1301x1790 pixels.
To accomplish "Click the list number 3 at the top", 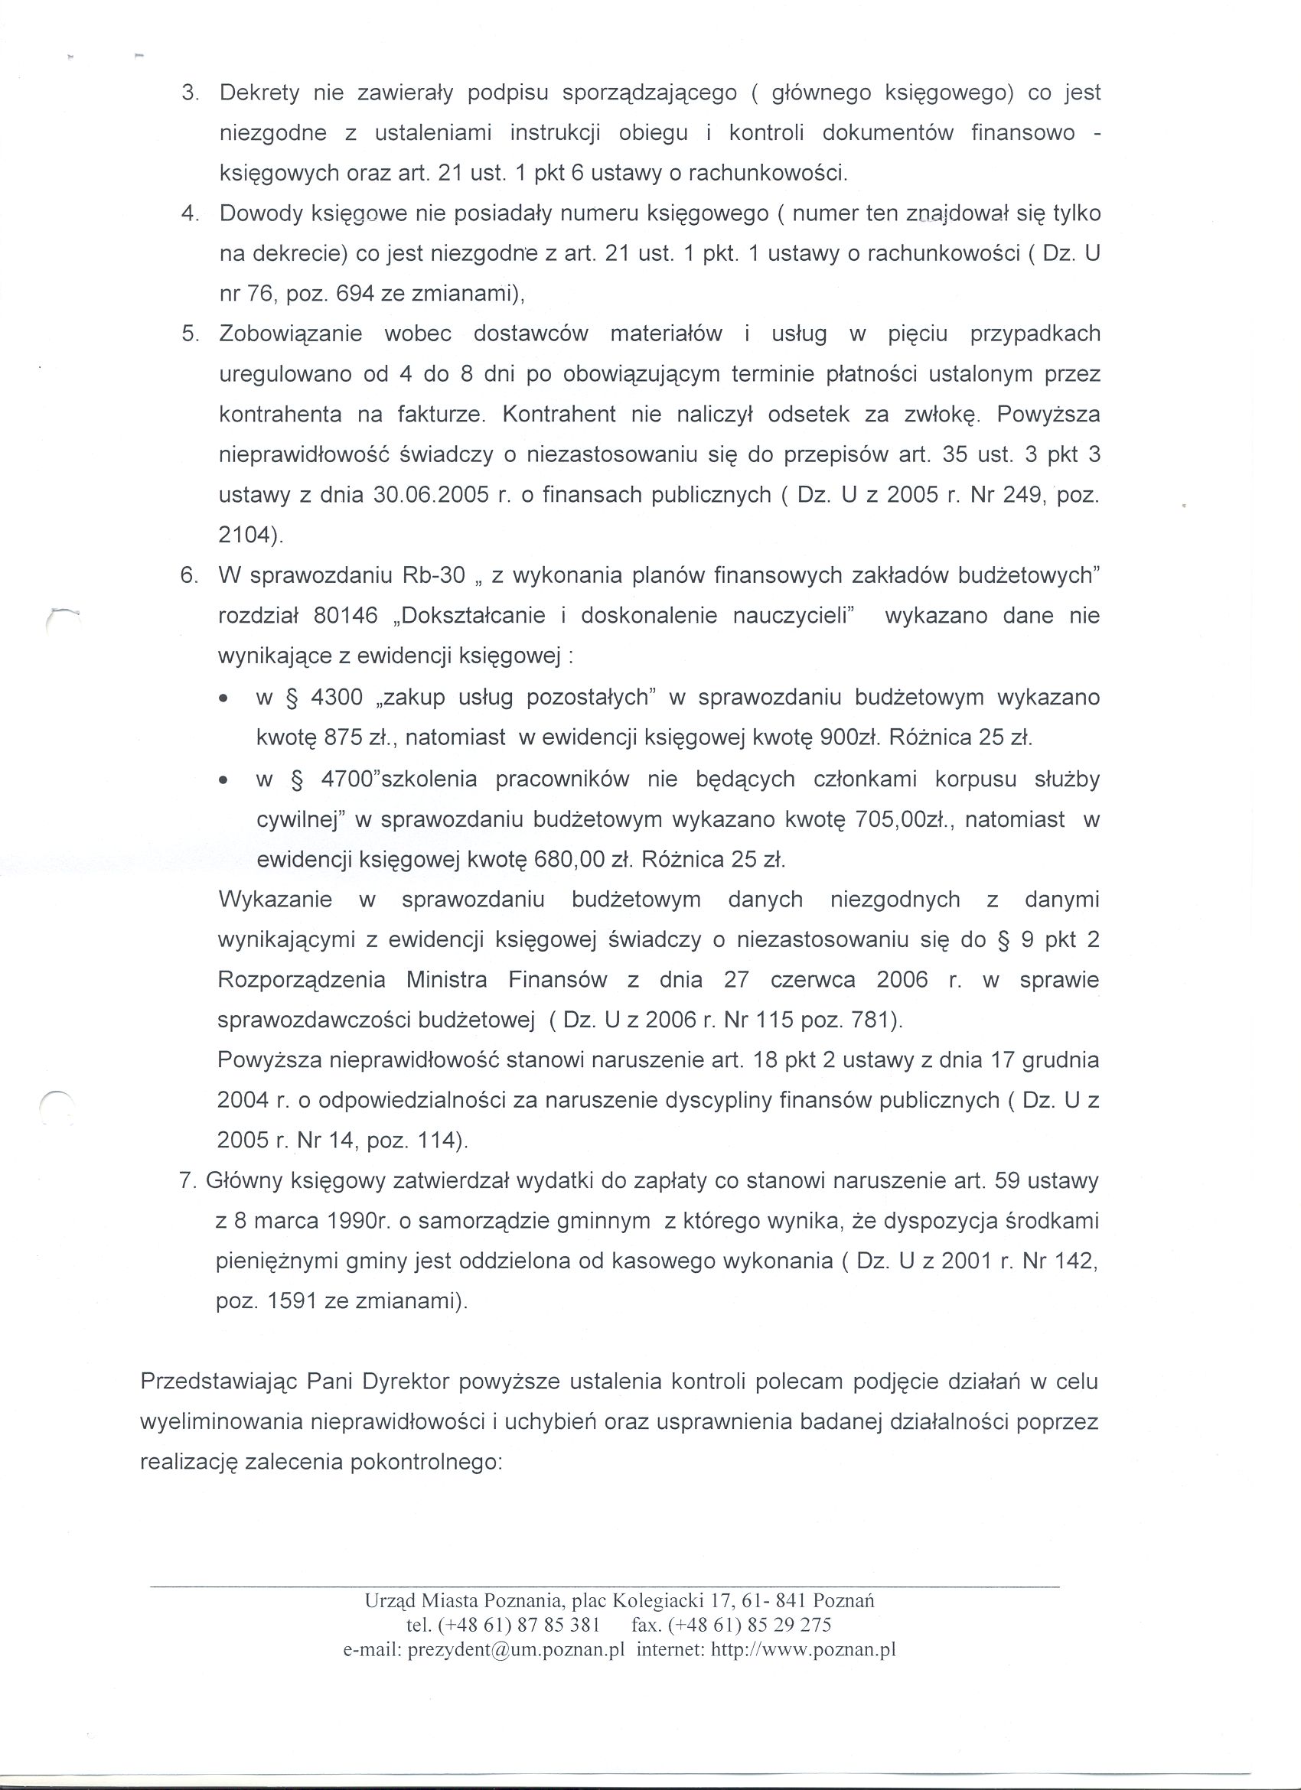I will tap(189, 93).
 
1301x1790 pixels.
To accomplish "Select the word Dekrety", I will tap(259, 93).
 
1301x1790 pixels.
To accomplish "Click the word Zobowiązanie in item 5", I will tap(291, 334).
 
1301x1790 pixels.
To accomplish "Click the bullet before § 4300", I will tap(225, 699).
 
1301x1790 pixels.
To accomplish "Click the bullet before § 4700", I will tap(225, 780).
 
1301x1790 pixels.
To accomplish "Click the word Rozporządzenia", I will tap(302, 980).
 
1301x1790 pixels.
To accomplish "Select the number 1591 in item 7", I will tap(293, 1301).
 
